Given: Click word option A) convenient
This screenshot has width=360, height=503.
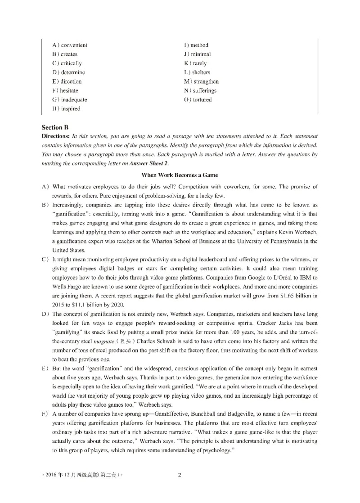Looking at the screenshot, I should [x=70, y=45].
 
